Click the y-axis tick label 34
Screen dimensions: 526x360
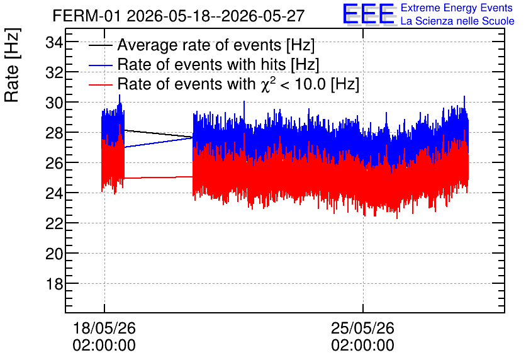point(54,43)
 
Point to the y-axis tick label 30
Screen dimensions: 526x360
point(54,103)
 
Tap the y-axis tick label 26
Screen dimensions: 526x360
point(54,164)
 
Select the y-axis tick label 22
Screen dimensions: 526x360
point(54,224)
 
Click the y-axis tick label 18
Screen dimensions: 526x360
point(54,284)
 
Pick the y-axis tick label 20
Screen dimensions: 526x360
point(54,254)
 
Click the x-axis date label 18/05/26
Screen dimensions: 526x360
point(104,328)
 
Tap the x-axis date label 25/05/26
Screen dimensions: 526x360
point(362,328)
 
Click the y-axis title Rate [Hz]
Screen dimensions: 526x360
point(12,65)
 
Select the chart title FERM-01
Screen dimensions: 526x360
point(86,16)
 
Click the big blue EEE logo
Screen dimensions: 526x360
point(369,14)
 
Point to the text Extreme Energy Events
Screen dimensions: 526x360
point(457,8)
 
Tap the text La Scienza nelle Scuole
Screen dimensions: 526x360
point(457,21)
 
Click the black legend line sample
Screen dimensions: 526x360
point(100,45)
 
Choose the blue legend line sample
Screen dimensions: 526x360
point(100,65)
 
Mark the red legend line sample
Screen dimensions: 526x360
point(100,85)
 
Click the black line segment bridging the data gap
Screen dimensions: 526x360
point(159,133)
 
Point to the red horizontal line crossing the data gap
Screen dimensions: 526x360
point(159,177)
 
